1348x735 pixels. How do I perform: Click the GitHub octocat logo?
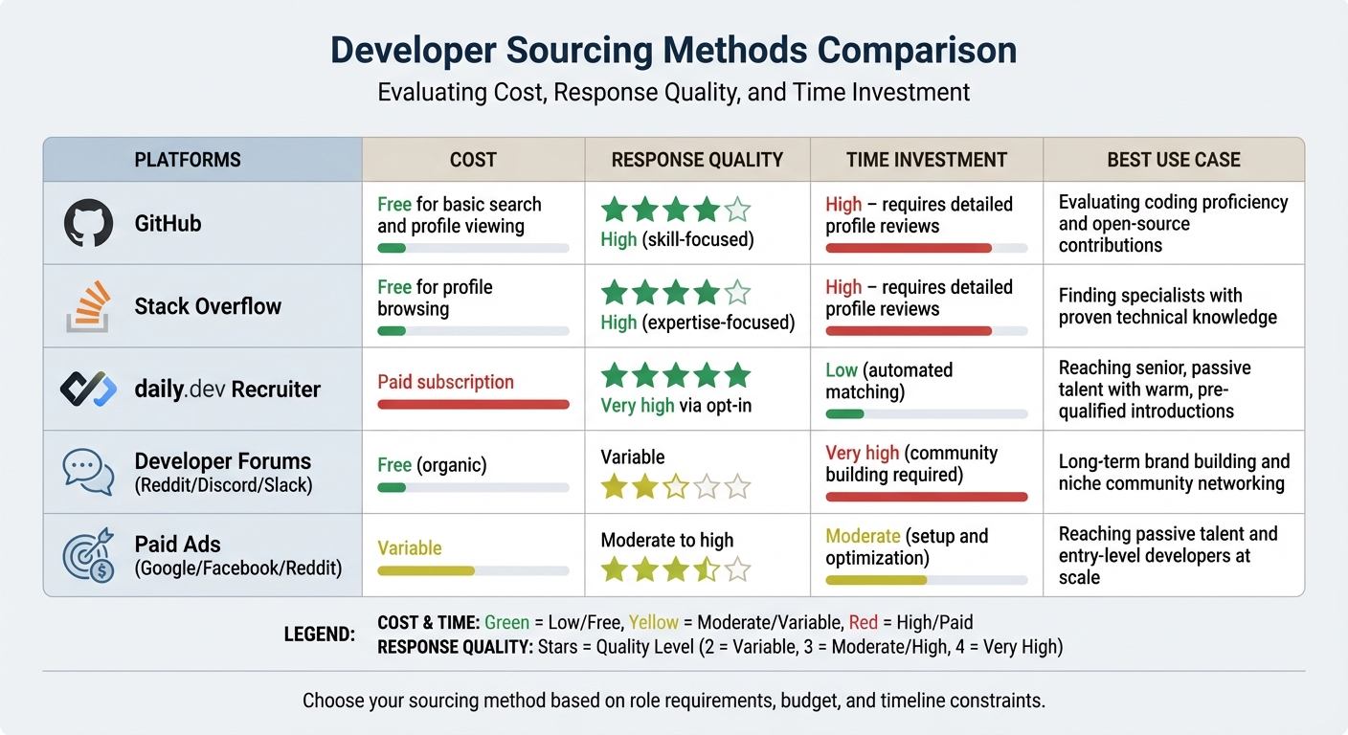pos(88,224)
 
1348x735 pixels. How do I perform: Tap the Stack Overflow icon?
pos(87,306)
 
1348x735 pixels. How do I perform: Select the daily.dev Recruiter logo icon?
pos(88,389)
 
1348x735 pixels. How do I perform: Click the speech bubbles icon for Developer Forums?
pos(88,471)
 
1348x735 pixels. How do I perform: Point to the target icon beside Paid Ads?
pos(88,554)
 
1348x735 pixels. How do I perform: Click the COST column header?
pos(473,160)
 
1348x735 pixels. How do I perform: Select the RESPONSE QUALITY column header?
pos(697,160)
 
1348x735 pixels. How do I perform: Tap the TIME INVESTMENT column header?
pos(926,160)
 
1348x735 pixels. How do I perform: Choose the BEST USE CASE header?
pos(1173,160)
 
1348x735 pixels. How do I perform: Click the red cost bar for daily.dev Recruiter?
pos(473,405)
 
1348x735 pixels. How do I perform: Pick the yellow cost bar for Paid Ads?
pos(426,571)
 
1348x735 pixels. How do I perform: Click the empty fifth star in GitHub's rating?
pos(738,210)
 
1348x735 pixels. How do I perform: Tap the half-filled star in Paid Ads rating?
pos(707,570)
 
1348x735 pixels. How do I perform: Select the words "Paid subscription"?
pos(445,382)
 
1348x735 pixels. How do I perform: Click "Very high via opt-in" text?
pos(676,405)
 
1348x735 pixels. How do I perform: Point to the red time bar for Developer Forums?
pos(926,497)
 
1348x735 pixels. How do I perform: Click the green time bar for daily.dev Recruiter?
pos(844,414)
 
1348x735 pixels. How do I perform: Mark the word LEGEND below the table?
pos(320,635)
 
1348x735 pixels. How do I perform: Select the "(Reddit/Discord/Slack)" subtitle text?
pos(223,485)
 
